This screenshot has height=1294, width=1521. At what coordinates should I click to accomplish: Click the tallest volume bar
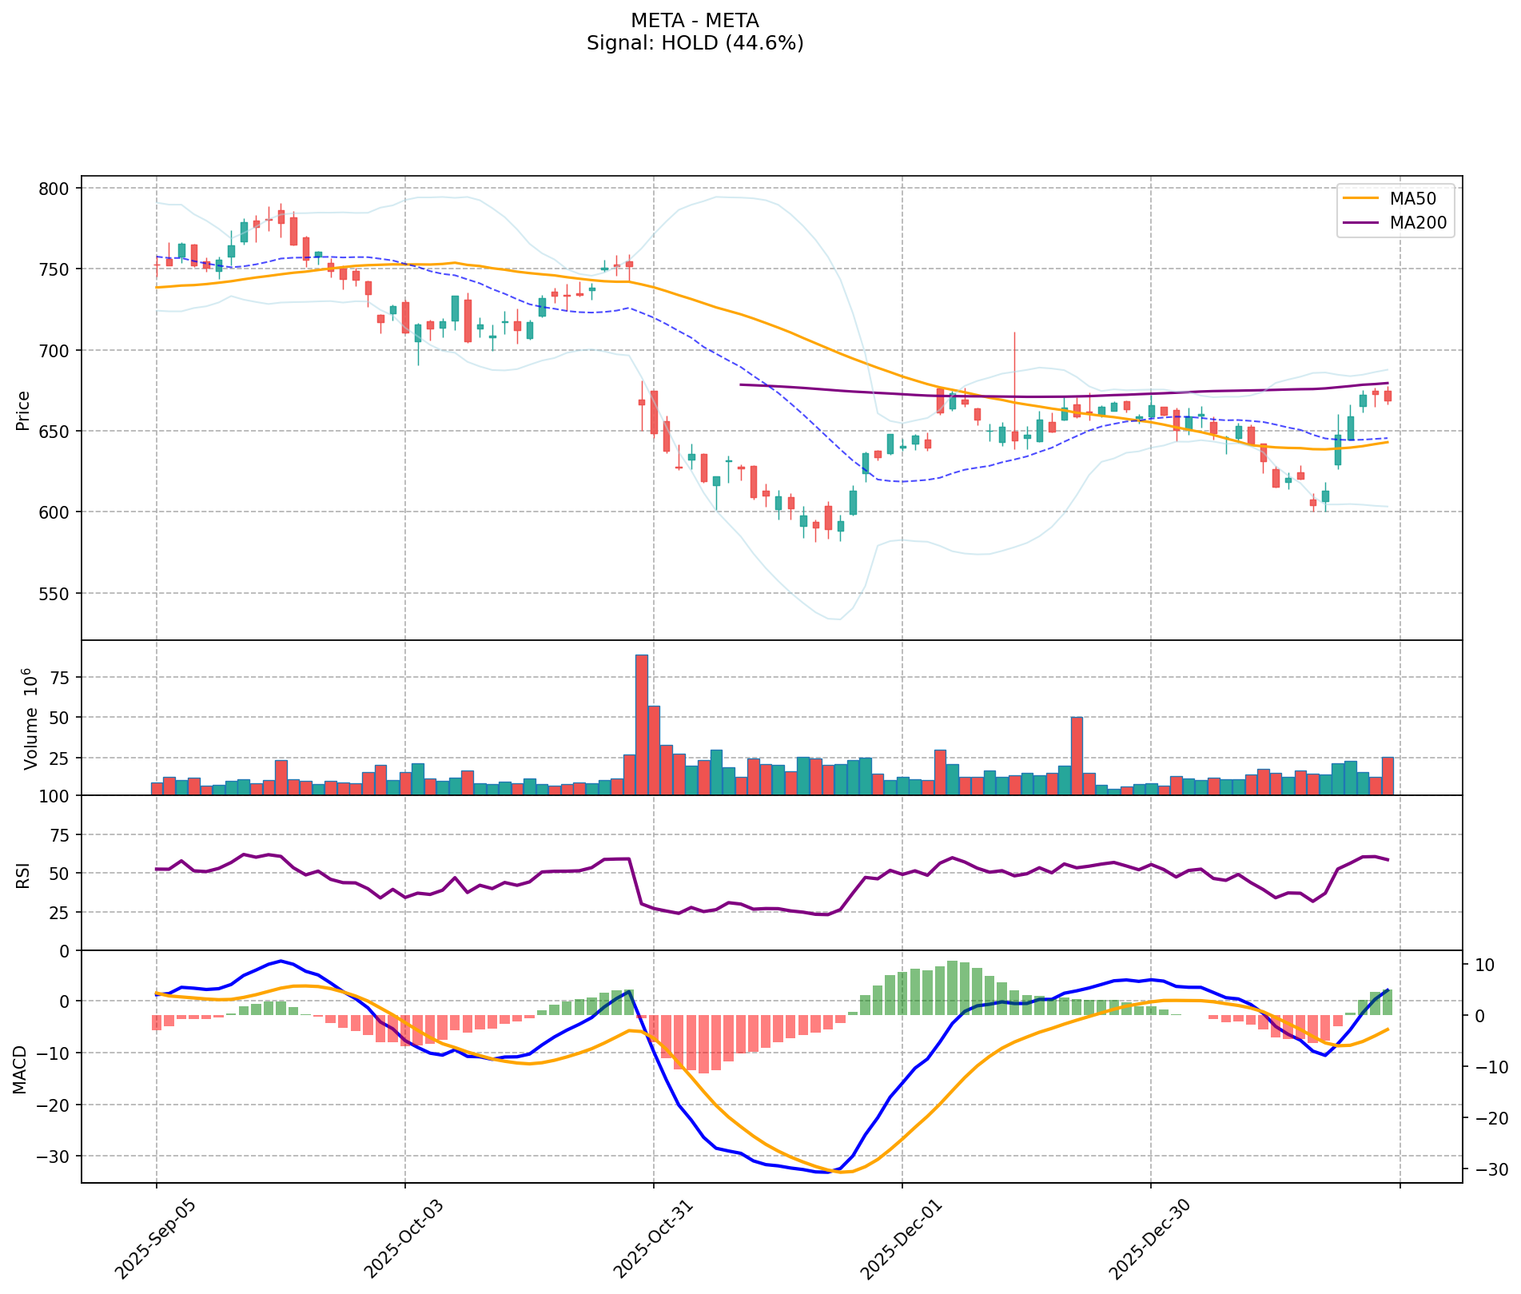[641, 724]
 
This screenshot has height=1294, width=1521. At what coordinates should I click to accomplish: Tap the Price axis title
[23, 410]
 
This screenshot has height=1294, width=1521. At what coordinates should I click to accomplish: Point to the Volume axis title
[30, 719]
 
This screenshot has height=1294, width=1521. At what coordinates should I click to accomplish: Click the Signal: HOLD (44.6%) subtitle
[695, 43]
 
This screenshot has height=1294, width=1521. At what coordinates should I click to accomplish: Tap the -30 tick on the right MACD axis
[1489, 1170]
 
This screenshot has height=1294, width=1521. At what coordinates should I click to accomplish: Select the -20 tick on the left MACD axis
[58, 1105]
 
